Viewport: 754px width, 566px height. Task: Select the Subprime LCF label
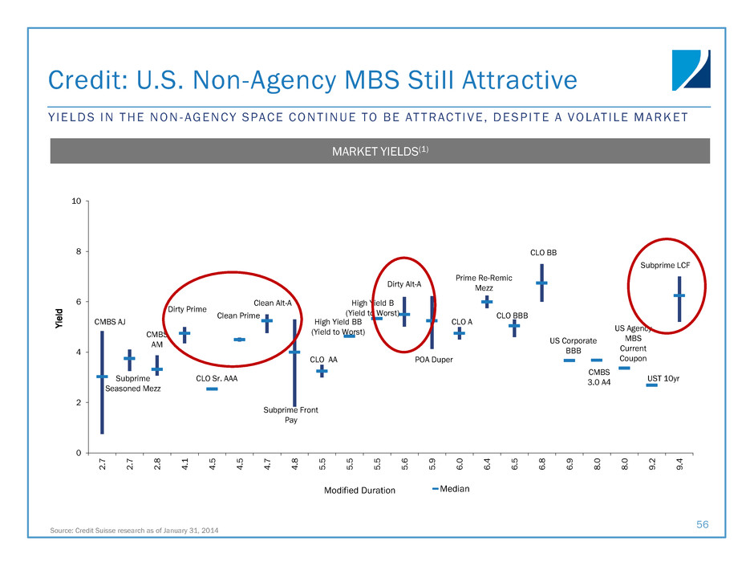665,265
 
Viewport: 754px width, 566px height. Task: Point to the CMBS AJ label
110,322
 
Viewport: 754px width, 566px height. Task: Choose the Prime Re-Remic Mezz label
484,283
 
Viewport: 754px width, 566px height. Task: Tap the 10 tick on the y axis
76,201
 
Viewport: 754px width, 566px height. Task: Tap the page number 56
703,523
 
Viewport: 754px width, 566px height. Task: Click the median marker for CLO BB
541,283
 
